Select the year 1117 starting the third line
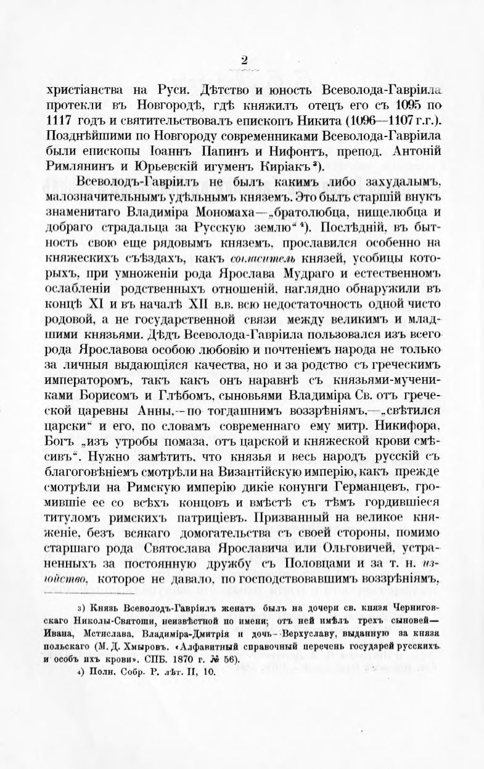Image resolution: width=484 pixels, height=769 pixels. coord(59,118)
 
